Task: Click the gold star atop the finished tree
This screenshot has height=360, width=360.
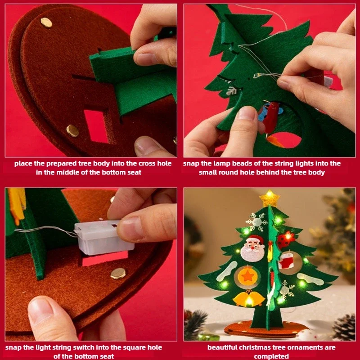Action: click(x=269, y=198)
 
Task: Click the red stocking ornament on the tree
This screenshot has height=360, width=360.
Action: click(x=287, y=261)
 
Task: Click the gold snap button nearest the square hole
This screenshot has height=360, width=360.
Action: click(x=72, y=130)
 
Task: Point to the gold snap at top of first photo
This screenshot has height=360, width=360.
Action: click(x=46, y=22)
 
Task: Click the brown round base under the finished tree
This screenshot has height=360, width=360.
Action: click(x=265, y=328)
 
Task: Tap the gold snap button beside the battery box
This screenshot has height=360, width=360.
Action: click(x=118, y=273)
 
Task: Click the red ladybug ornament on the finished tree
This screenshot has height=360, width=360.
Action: click(x=286, y=239)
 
